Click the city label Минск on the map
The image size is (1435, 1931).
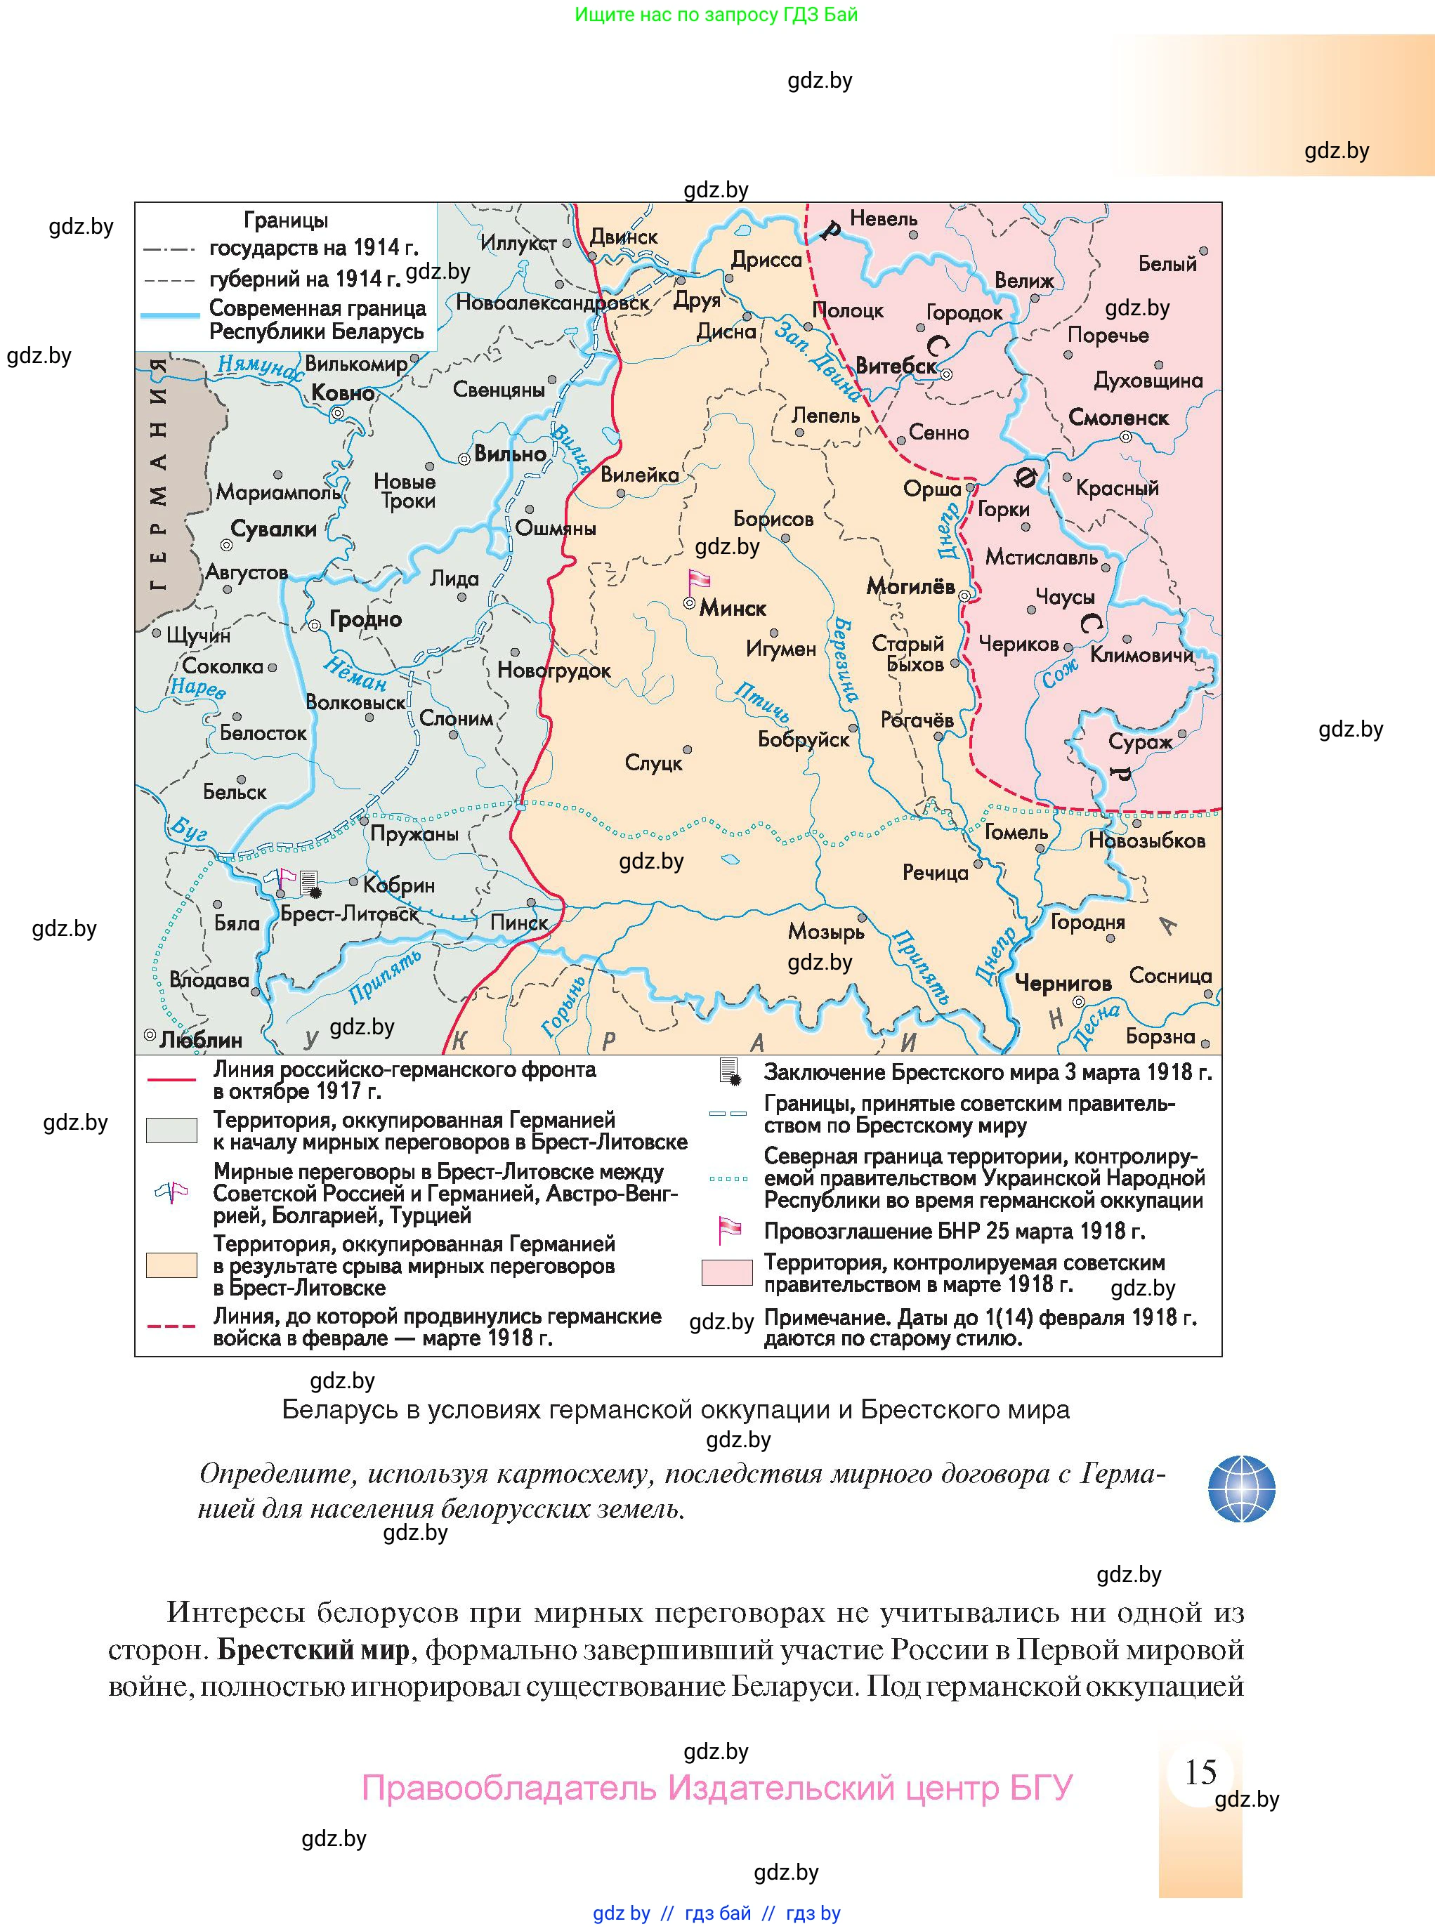[733, 609]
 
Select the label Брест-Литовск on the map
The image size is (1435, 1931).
[349, 914]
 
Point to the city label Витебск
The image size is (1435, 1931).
[896, 366]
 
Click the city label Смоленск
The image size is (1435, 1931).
[1118, 418]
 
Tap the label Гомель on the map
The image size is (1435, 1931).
[1016, 832]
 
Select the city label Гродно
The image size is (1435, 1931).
[365, 620]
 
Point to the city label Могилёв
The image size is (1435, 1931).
[910, 587]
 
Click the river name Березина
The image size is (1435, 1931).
[845, 660]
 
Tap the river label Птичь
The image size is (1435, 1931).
[763, 701]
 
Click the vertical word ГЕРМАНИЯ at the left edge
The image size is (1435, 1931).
[158, 473]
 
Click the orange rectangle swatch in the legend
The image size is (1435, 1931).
[171, 1265]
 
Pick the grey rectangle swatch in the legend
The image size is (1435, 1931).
[171, 1131]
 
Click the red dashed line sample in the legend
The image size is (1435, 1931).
[171, 1326]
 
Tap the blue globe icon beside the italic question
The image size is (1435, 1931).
[1241, 1489]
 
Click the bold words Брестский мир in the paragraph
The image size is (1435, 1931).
[313, 1649]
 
